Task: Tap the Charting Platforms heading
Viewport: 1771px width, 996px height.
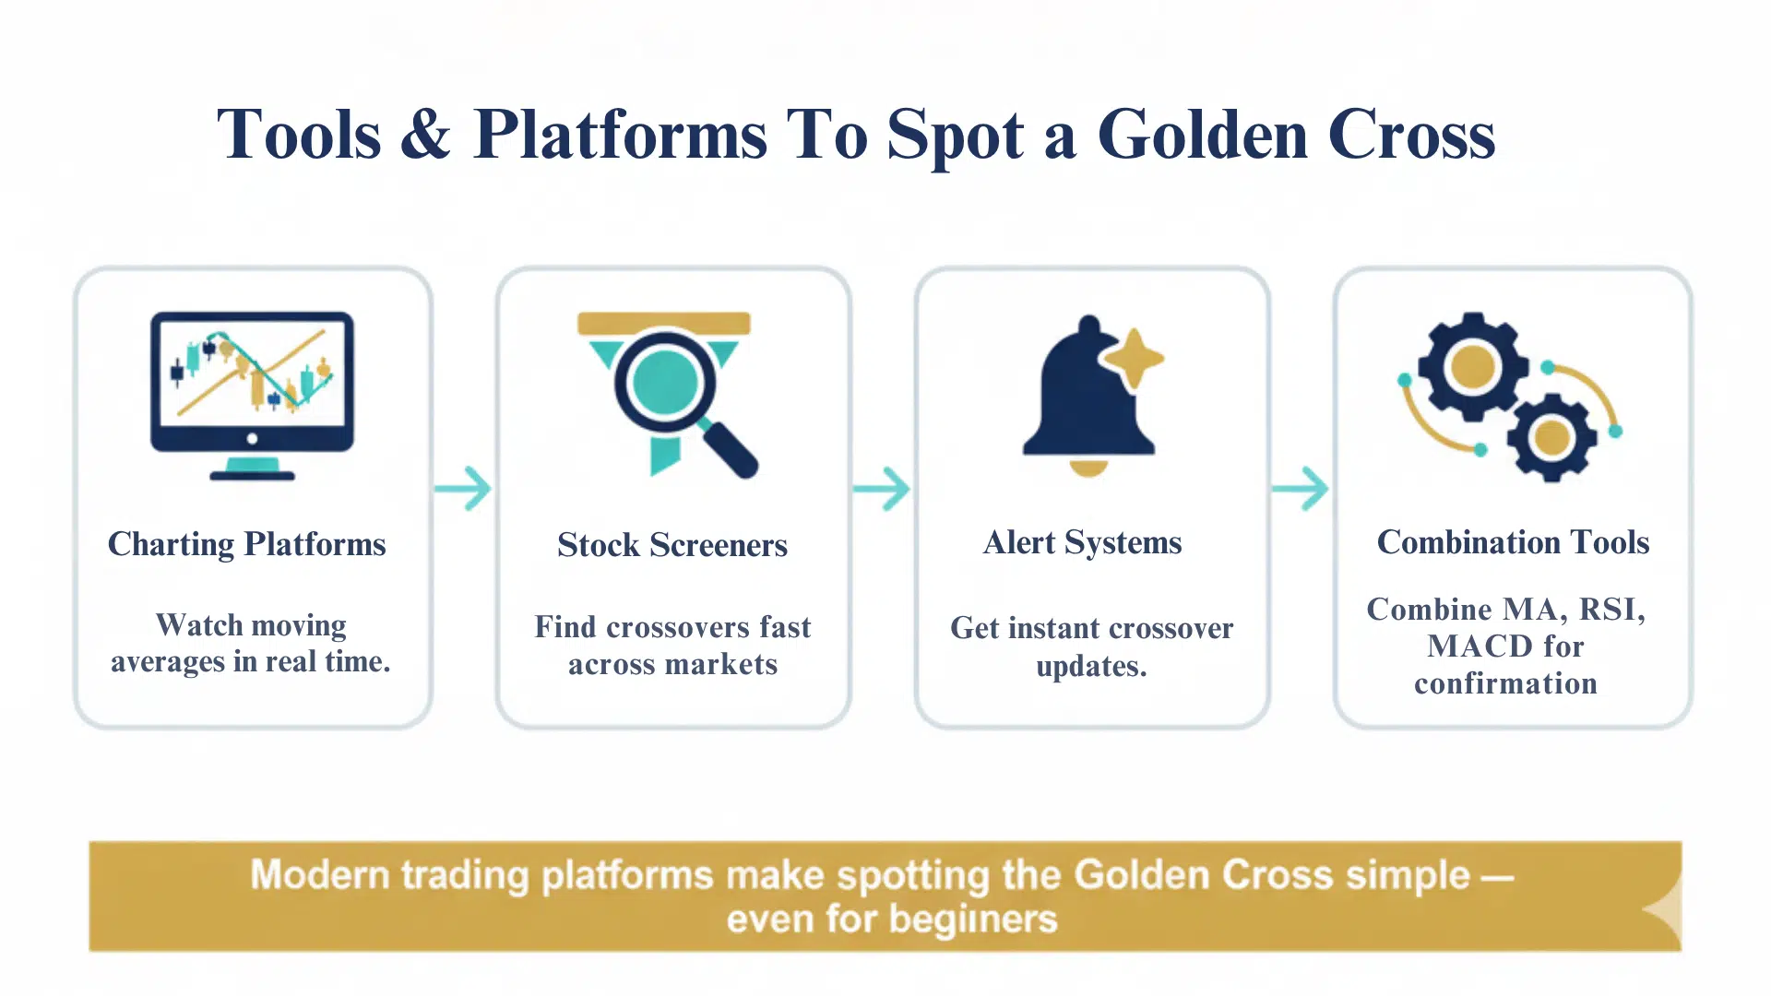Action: point(247,544)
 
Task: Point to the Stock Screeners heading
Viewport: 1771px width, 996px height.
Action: point(672,545)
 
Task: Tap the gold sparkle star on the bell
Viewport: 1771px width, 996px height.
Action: point(1134,358)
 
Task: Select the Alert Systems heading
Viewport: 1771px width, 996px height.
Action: point(1083,542)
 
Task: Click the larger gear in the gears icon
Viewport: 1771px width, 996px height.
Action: point(1472,367)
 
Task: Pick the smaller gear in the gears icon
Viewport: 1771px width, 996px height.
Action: point(1551,438)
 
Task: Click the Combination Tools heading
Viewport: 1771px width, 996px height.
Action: point(1513,542)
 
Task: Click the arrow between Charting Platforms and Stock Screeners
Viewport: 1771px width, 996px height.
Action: point(464,489)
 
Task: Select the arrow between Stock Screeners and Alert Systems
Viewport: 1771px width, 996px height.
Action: point(883,489)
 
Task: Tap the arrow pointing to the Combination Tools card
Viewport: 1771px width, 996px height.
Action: point(1301,489)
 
